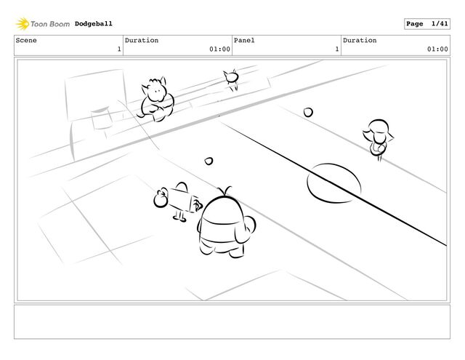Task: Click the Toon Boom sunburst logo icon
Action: pos(23,24)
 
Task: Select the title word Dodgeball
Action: pos(94,24)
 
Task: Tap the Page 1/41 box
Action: pos(427,24)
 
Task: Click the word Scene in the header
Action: pos(26,40)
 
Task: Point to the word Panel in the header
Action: pos(244,40)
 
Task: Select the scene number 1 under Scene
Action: pos(119,49)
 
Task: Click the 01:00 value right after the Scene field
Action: pos(219,49)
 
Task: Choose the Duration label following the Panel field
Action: pos(360,40)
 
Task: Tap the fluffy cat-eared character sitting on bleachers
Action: pos(156,100)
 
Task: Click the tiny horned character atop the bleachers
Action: pos(231,79)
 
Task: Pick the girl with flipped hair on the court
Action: pos(378,139)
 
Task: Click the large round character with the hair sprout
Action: pos(226,223)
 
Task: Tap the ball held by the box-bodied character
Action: pos(161,199)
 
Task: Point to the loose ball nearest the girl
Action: pos(308,113)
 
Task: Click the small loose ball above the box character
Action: pos(209,161)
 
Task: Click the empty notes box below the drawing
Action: pos(232,321)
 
